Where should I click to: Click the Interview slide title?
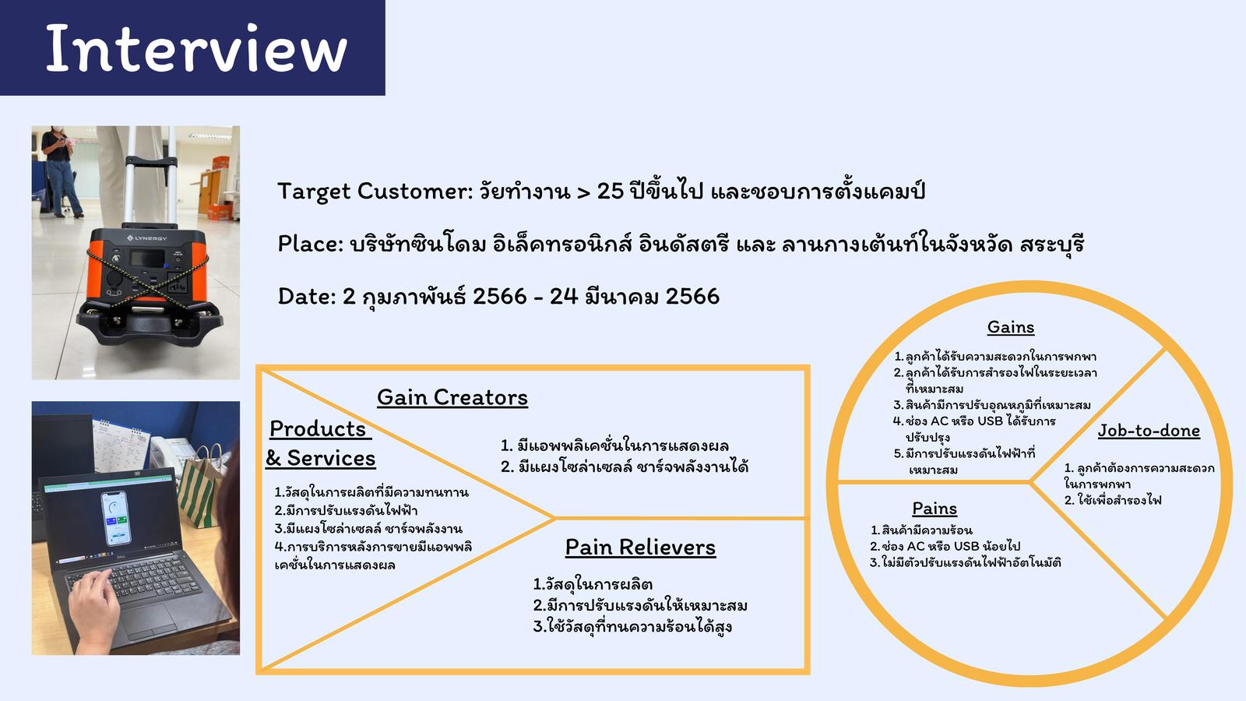coord(196,48)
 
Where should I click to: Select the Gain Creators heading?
coord(452,398)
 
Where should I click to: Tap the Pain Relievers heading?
coord(640,548)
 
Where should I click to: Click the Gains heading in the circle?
coord(1011,327)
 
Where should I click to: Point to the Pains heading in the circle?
coord(935,509)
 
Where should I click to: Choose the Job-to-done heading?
coord(1149,431)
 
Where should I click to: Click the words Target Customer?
coord(374,192)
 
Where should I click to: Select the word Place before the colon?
coord(308,244)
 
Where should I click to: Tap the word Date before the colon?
coord(304,296)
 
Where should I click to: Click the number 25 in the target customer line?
coord(611,192)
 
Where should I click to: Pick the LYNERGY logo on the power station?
coord(147,238)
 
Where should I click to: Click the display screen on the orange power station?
coord(147,259)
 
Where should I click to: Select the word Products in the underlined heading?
coord(318,429)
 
